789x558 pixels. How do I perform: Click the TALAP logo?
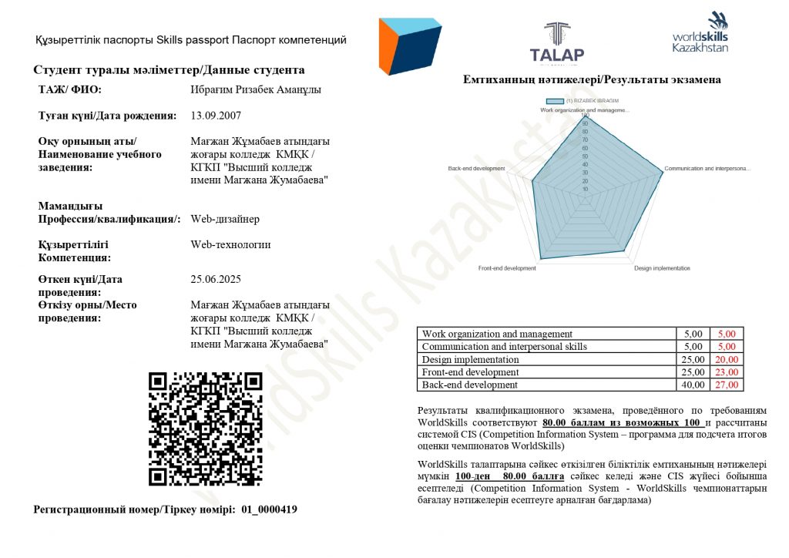[x=556, y=42]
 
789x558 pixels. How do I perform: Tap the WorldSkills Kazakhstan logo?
[x=700, y=33]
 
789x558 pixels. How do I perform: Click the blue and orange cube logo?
[x=409, y=46]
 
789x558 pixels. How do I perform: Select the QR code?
[x=206, y=429]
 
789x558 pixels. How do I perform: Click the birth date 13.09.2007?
[x=215, y=116]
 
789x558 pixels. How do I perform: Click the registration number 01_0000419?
[x=269, y=509]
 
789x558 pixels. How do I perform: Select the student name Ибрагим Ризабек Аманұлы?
[x=255, y=89]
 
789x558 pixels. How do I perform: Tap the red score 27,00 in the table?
[x=727, y=385]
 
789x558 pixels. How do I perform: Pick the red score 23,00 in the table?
[x=727, y=372]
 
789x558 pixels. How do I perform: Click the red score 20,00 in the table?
[x=727, y=359]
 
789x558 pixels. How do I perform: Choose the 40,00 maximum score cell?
[x=693, y=385]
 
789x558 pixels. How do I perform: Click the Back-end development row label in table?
[x=470, y=385]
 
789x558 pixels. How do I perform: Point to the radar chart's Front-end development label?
[x=506, y=268]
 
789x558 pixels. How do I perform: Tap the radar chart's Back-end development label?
[x=476, y=168]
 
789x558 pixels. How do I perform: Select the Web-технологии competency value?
[x=230, y=245]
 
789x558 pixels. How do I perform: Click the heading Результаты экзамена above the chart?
[x=592, y=79]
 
